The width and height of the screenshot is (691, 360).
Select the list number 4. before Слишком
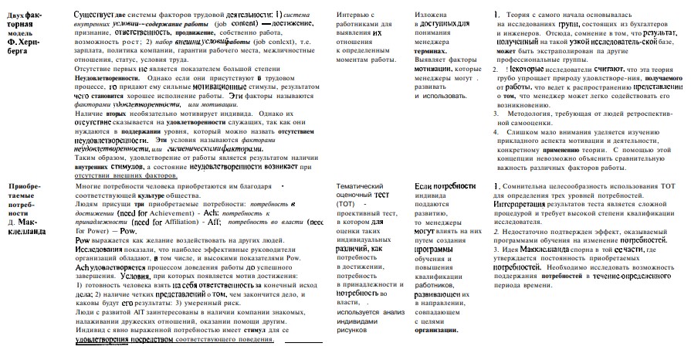pyautogui.click(x=497, y=131)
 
